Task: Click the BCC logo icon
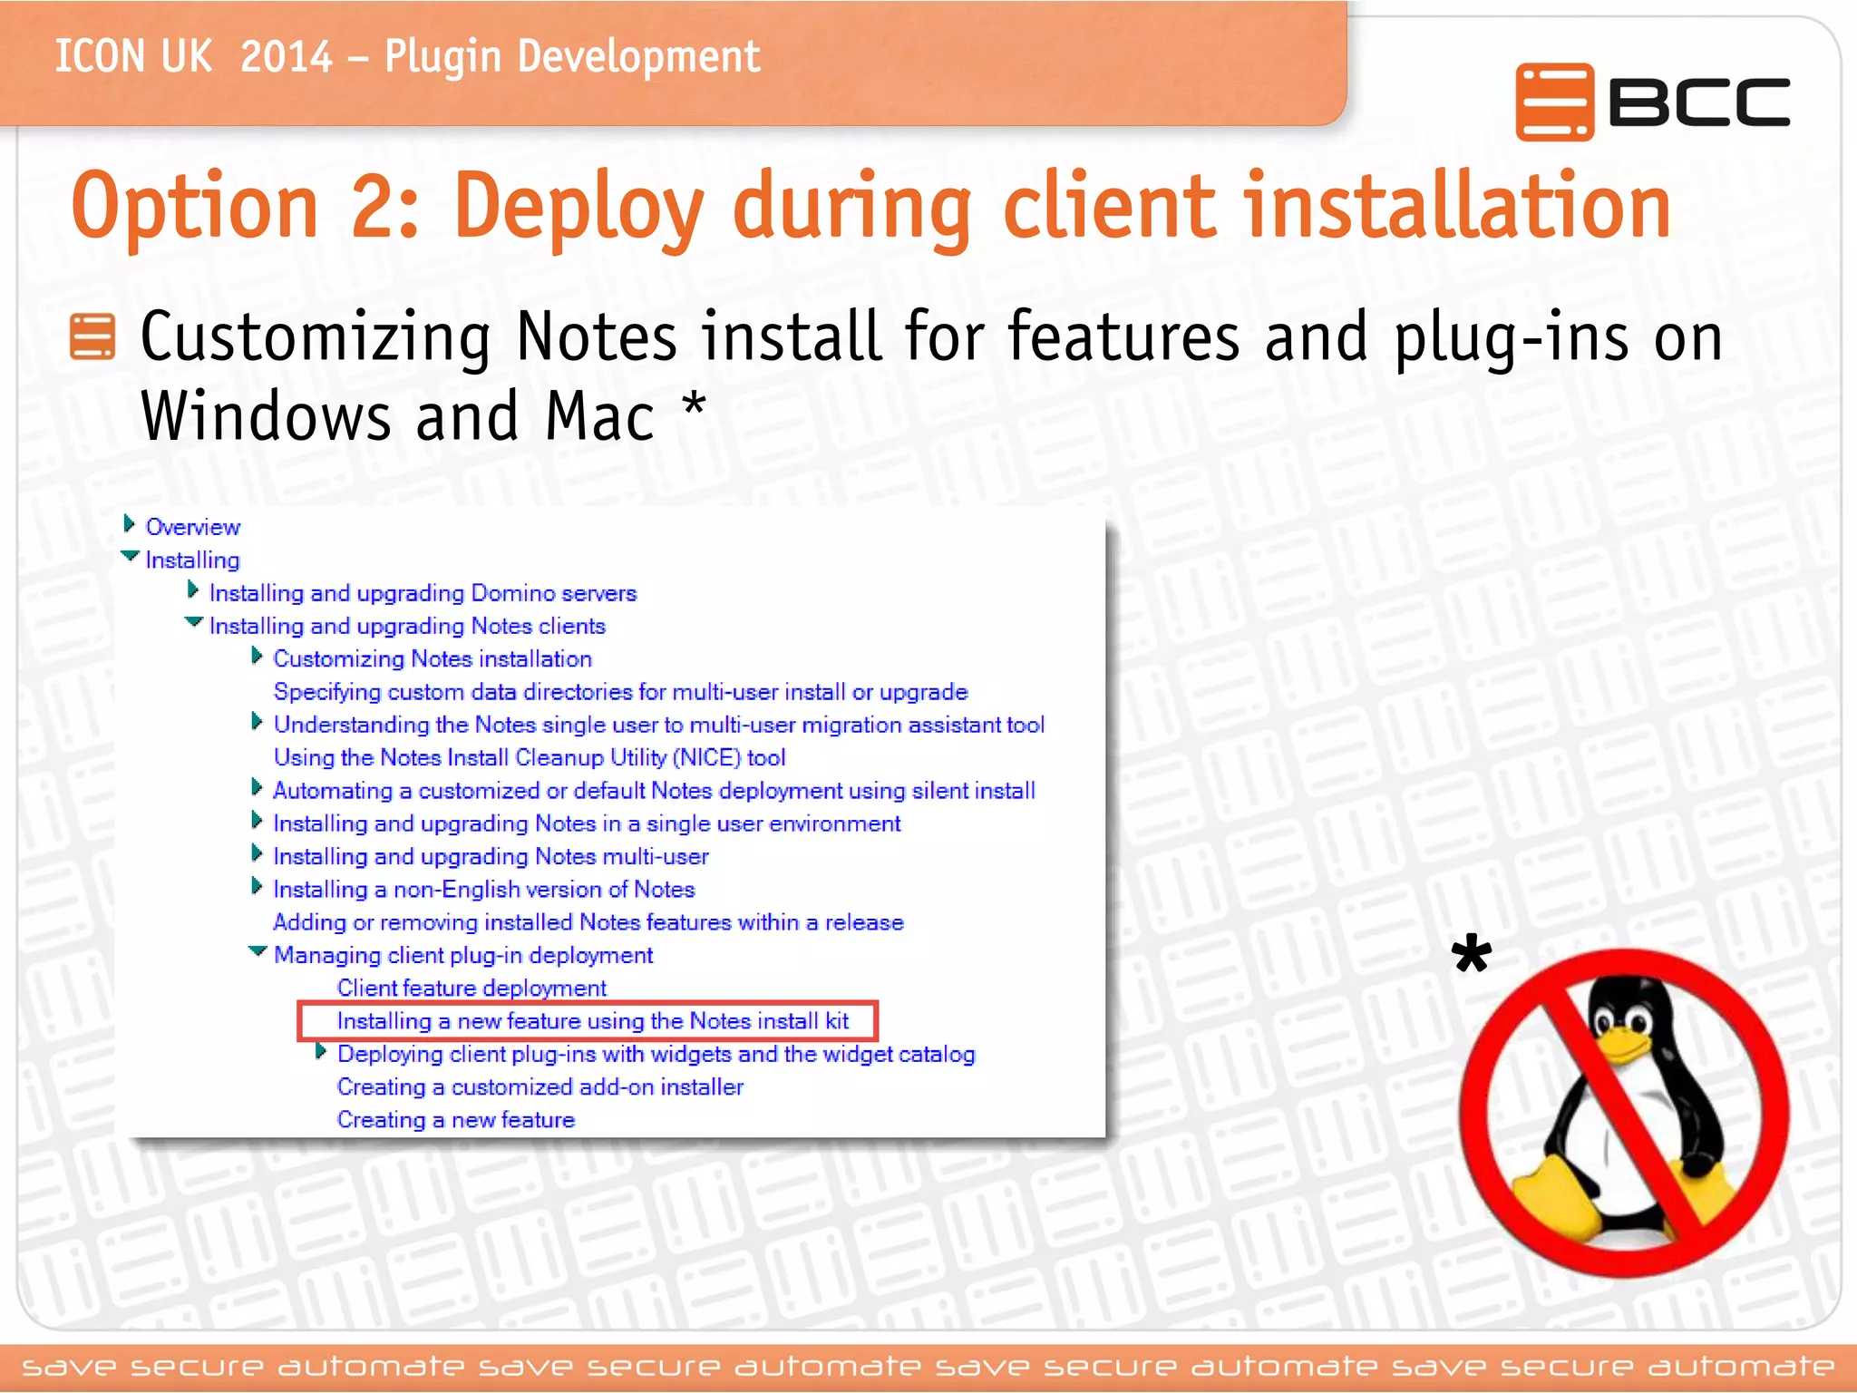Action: [x=1553, y=102]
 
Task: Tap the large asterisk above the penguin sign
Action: [x=1471, y=957]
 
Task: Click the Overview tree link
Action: [x=192, y=527]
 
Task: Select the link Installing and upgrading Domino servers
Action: [x=423, y=593]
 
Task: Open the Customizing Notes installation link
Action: [x=433, y=659]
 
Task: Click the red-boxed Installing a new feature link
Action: [x=592, y=1021]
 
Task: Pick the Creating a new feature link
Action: [x=455, y=1120]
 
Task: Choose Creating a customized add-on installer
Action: [x=540, y=1087]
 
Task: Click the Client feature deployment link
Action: [x=472, y=989]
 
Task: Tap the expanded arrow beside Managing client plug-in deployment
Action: [x=258, y=952]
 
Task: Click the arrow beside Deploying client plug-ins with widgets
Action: [x=321, y=1052]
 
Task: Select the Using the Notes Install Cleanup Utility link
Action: [x=529, y=758]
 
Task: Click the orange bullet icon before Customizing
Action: [x=92, y=336]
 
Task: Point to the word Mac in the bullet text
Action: [x=599, y=416]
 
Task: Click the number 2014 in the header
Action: [x=287, y=56]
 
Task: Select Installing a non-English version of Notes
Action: [x=483, y=890]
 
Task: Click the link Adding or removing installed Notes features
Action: [x=588, y=922]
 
